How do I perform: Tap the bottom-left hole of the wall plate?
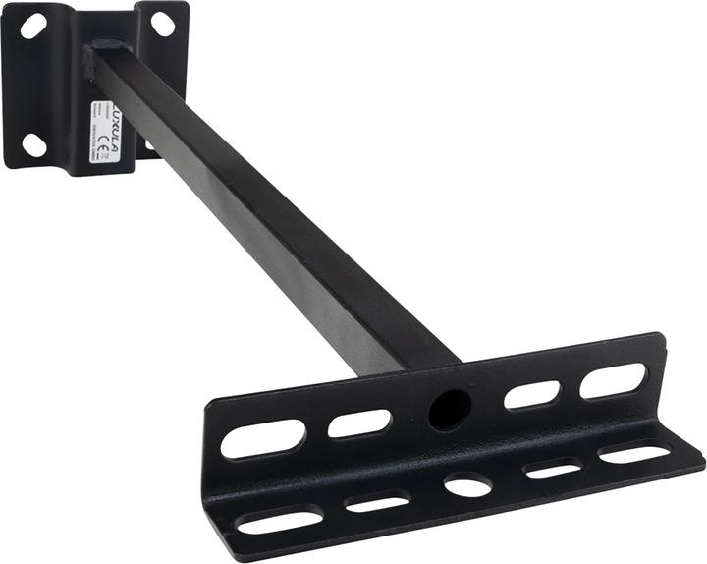click(x=33, y=144)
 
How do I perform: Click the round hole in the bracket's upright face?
click(x=450, y=408)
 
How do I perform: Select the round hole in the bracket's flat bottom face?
click(x=467, y=484)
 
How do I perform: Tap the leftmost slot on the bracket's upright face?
click(x=263, y=439)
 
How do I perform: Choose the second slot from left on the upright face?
click(x=359, y=423)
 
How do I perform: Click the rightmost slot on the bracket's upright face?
click(x=613, y=380)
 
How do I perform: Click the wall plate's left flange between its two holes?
click(x=31, y=86)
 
